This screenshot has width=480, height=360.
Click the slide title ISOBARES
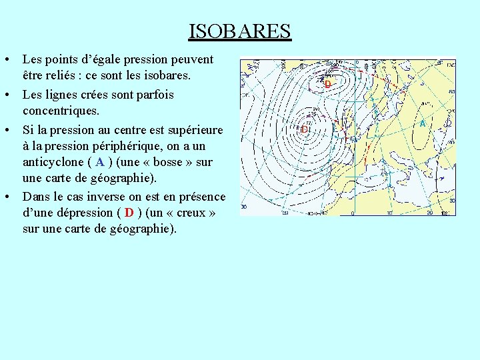(x=239, y=31)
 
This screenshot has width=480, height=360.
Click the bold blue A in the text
(x=100, y=162)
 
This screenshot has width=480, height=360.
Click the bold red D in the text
(x=129, y=213)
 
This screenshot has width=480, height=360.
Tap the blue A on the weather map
(x=422, y=123)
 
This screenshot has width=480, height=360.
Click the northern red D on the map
(x=327, y=85)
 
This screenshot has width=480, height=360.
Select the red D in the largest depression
(x=304, y=129)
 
